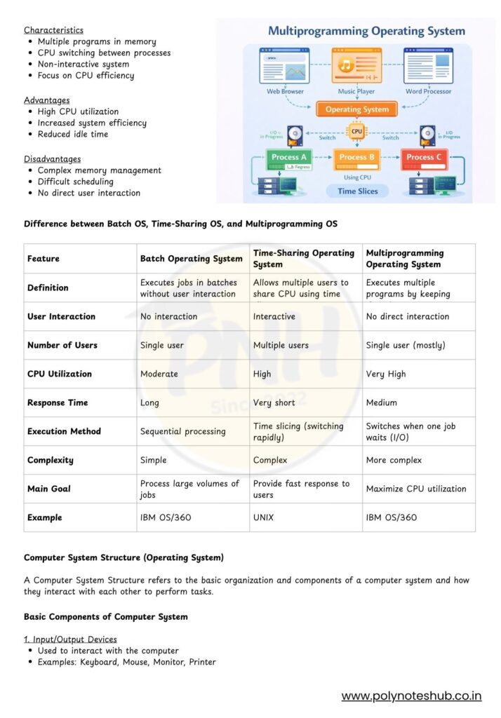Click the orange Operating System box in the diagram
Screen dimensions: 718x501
click(x=357, y=109)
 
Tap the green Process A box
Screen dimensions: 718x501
click(x=289, y=157)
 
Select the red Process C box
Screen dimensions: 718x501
click(x=425, y=157)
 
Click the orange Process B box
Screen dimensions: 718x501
click(x=357, y=157)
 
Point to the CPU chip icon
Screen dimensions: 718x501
click(x=357, y=130)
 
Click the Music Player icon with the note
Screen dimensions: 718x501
click(x=356, y=66)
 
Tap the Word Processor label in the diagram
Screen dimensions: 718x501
click(x=428, y=91)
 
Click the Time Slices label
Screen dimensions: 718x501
click(x=357, y=191)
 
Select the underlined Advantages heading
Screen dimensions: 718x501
click(x=46, y=100)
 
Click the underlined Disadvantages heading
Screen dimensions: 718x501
click(x=52, y=159)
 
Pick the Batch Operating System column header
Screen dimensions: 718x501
click(x=191, y=259)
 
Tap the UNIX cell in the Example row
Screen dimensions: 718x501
click(x=265, y=517)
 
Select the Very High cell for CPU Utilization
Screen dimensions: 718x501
click(x=386, y=374)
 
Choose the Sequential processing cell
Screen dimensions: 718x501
click(x=182, y=431)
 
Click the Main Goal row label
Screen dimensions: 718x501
click(x=48, y=489)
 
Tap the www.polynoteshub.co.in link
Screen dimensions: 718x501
click(x=411, y=696)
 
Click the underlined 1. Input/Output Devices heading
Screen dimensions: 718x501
click(x=70, y=639)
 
